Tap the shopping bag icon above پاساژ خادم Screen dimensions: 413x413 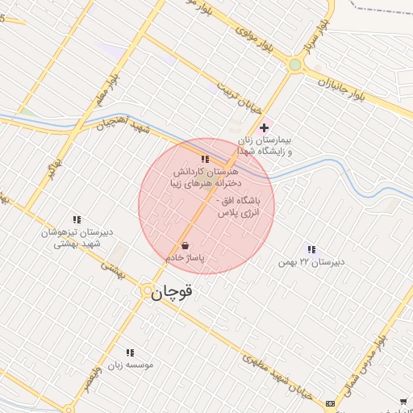[x=186, y=245]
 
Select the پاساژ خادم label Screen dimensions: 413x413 [x=186, y=258]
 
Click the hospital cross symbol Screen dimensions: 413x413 [x=264, y=127]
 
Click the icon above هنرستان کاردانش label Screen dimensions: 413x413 [x=205, y=159]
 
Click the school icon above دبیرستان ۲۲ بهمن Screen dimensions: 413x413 [x=311, y=250]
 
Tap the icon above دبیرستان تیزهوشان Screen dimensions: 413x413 [x=77, y=219]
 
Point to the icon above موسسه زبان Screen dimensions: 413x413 [x=130, y=353]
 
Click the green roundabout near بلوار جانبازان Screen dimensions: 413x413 [x=295, y=65]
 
